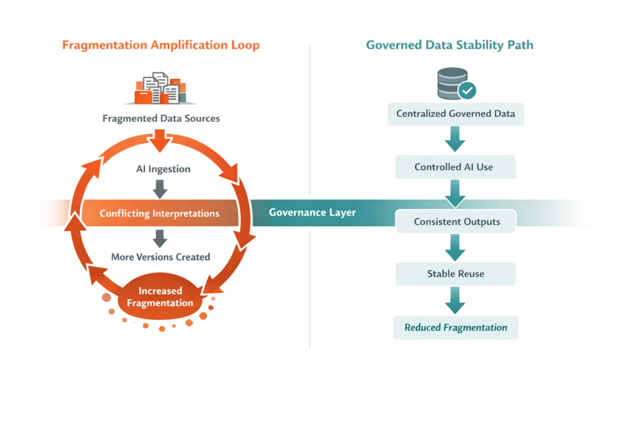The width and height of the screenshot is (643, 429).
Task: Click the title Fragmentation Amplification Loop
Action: click(161, 45)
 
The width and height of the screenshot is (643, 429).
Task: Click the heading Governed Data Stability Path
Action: click(450, 45)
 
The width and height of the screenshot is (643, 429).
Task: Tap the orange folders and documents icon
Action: click(160, 89)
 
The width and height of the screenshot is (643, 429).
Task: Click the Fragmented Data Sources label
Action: click(161, 118)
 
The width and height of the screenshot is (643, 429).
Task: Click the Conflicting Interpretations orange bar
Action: click(159, 214)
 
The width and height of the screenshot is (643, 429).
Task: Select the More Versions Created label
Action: click(160, 257)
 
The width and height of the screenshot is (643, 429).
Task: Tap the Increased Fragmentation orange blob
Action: click(160, 296)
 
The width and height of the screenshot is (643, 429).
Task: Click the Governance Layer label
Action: click(312, 212)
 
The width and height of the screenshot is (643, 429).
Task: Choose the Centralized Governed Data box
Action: click(455, 114)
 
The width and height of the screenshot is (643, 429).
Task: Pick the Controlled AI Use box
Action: click(455, 168)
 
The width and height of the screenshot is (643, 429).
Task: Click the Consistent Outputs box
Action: click(455, 222)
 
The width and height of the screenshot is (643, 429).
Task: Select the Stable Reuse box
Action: click(455, 274)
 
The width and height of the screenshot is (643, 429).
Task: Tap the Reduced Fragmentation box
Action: click(455, 327)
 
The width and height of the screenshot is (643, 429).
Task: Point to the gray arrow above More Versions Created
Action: click(160, 237)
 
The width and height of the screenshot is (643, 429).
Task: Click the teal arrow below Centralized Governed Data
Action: click(455, 141)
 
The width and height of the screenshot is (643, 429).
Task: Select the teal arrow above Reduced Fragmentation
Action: click(455, 301)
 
